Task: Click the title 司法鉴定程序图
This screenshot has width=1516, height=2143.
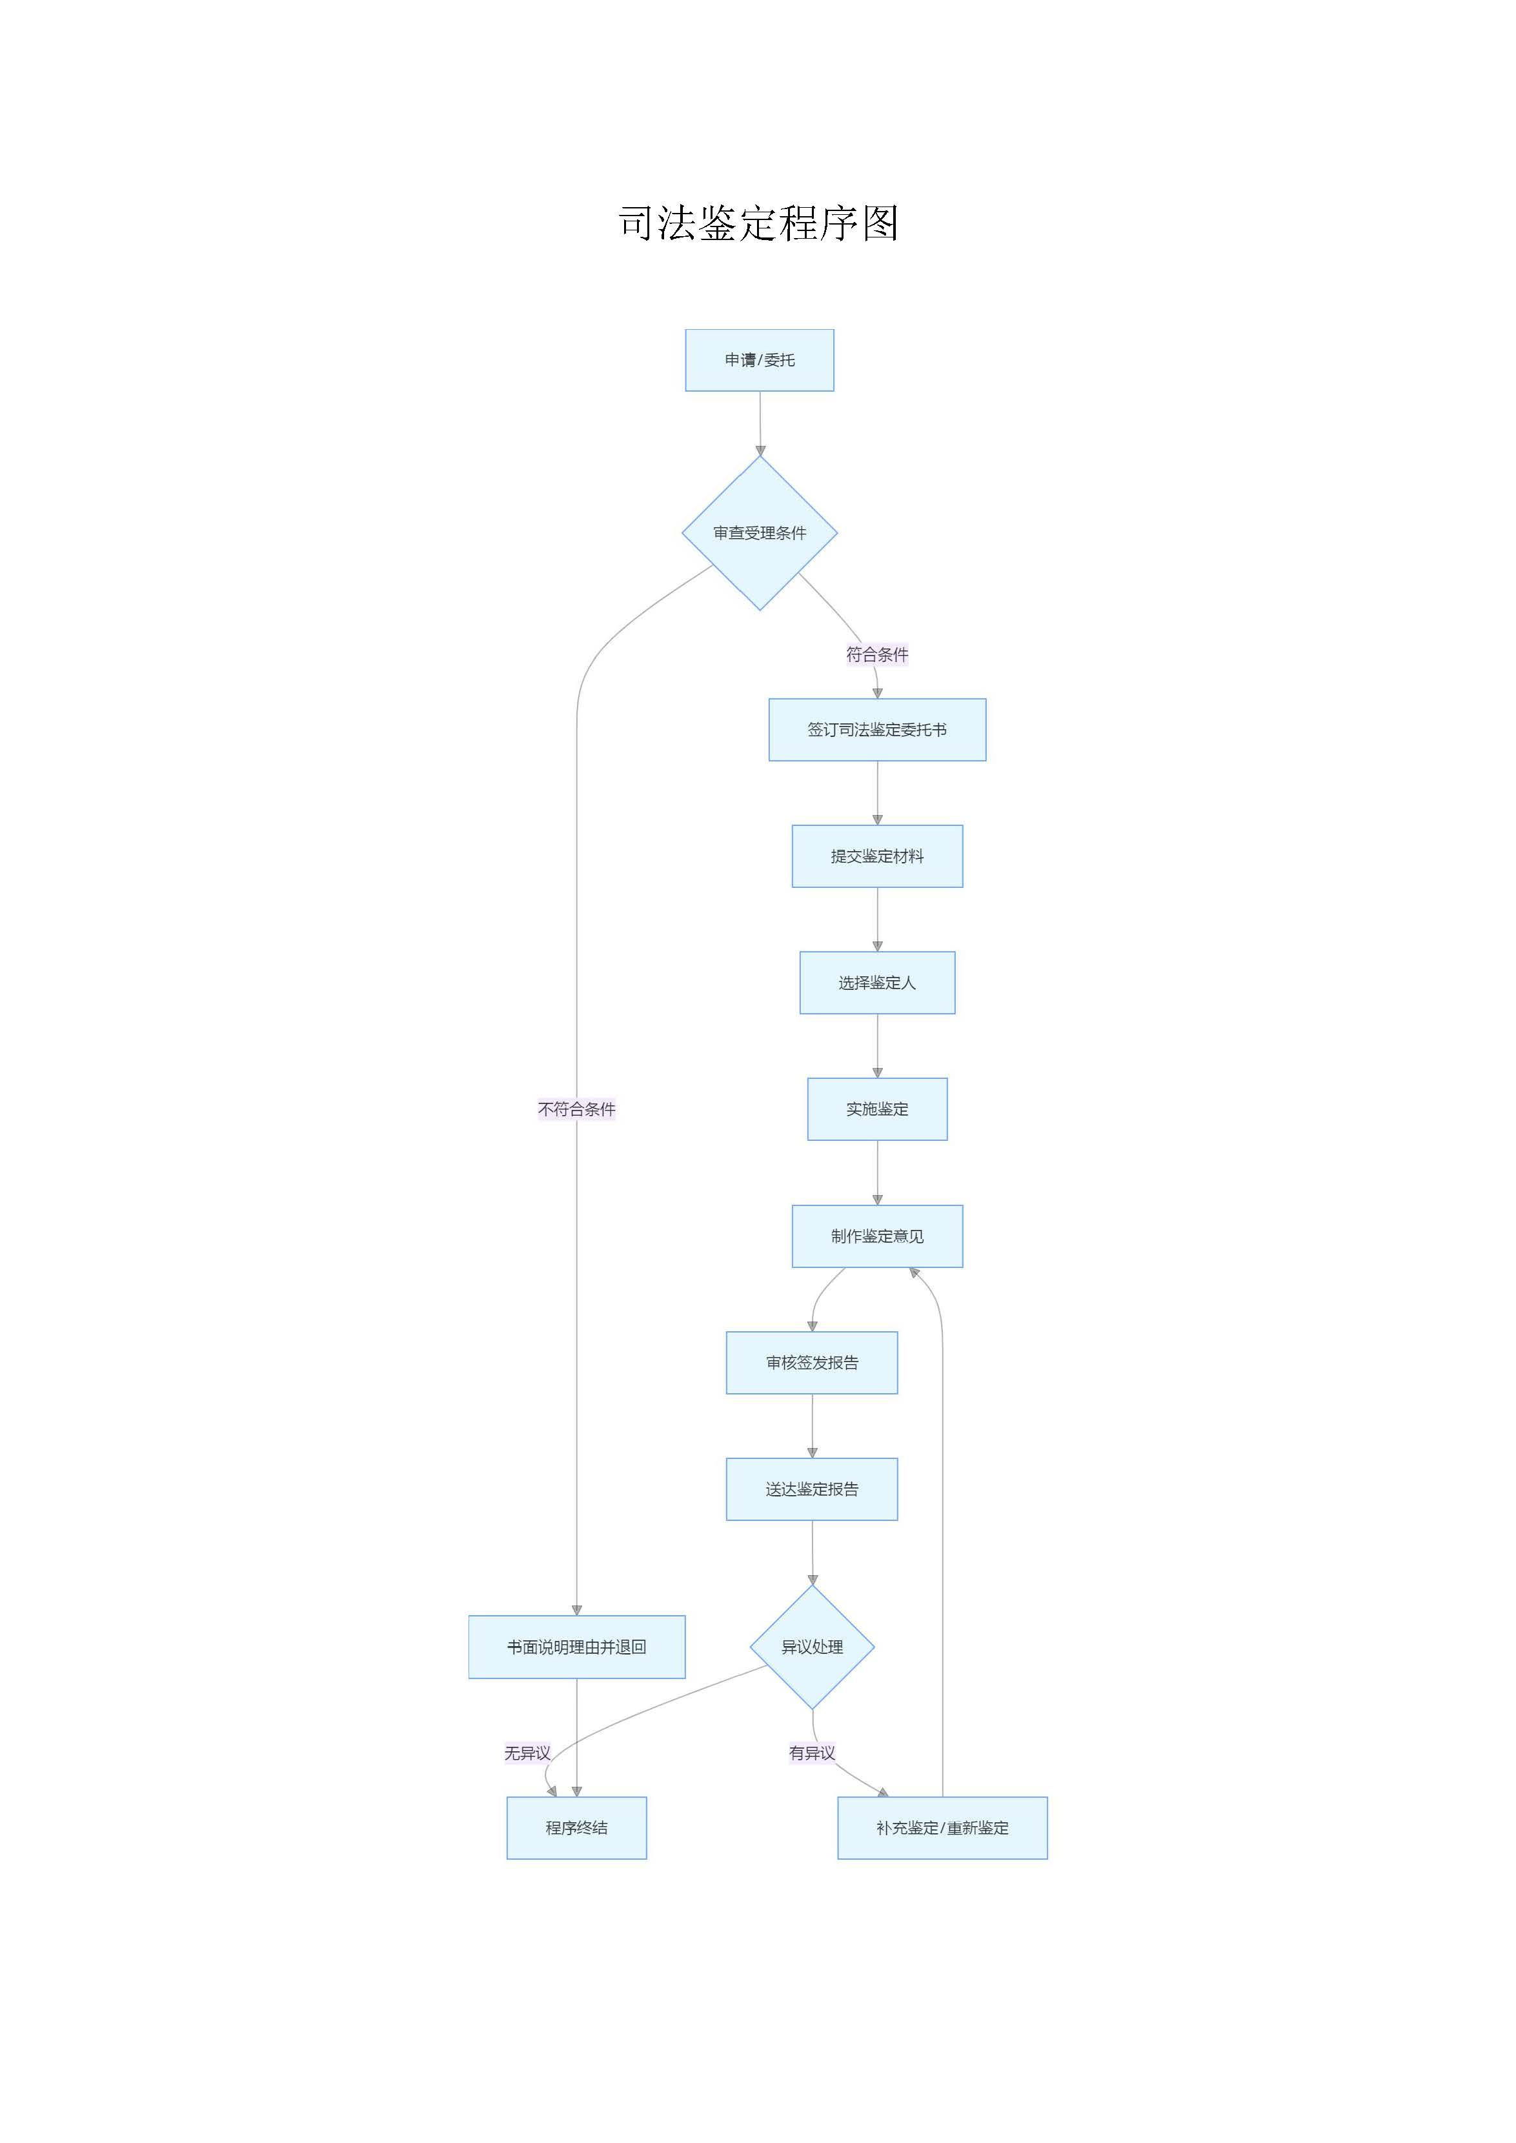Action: (758, 224)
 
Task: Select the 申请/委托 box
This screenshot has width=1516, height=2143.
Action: (759, 360)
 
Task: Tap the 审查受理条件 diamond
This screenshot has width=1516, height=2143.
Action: (759, 533)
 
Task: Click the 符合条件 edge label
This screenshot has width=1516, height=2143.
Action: (876, 654)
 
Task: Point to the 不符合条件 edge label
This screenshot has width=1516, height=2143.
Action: (576, 1109)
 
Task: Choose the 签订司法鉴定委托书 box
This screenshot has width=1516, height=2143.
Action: (876, 730)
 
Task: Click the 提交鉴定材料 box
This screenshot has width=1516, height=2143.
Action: (876, 856)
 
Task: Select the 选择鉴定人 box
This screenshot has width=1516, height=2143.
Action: (876, 983)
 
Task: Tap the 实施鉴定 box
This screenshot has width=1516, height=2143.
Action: (876, 1109)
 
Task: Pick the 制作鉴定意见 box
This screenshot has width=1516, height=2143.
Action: (876, 1236)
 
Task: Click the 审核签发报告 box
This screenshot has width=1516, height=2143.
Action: (811, 1363)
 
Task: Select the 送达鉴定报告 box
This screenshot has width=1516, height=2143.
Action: (811, 1489)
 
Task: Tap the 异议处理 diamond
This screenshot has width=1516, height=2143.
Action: (811, 1647)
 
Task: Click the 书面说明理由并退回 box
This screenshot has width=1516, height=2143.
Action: (576, 1647)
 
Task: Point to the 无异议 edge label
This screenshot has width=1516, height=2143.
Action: (527, 1753)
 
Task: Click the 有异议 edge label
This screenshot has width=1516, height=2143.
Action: (811, 1753)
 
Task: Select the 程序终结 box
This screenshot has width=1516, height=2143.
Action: (576, 1829)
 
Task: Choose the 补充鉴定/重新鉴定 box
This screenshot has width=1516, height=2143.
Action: (942, 1829)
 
